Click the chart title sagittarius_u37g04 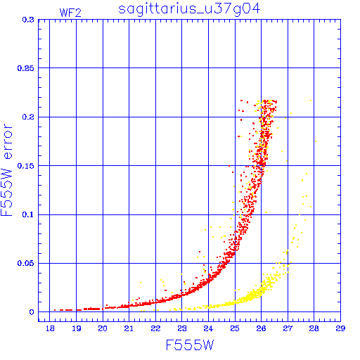189,9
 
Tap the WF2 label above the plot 70,13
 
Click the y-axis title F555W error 6,170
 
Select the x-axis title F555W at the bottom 190,345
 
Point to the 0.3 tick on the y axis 28,20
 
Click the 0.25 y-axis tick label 26,68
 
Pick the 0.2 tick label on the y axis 28,117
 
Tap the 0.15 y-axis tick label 26,166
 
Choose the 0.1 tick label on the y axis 28,214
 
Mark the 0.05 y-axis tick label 26,263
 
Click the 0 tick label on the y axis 32,312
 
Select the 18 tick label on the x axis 50,328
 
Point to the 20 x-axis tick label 103,328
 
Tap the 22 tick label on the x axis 155,328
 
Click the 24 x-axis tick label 208,328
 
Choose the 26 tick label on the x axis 261,328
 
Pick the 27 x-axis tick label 288,328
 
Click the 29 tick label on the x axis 340,328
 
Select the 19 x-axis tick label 77,328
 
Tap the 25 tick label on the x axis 235,328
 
